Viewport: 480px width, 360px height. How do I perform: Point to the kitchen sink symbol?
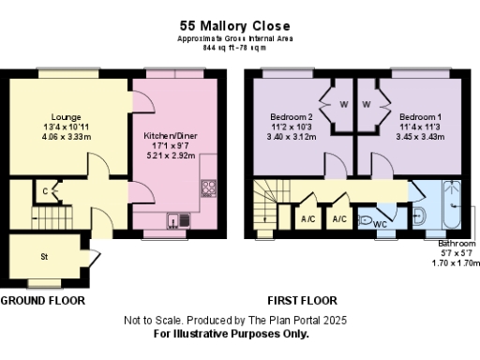[178, 220]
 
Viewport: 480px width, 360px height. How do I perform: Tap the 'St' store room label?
[43, 255]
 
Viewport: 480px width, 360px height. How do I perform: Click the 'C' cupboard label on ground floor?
[46, 192]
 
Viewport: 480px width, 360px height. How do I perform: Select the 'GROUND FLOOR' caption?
[42, 301]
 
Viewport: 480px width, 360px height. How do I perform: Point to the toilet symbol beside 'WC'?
[366, 216]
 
